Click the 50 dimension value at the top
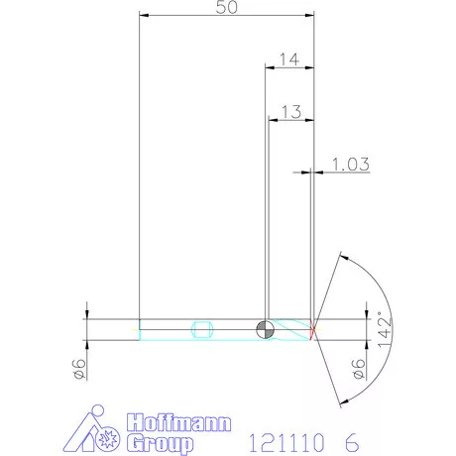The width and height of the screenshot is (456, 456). click(x=226, y=8)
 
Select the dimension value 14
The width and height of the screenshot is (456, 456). click(x=288, y=59)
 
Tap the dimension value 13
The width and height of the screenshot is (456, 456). click(x=288, y=112)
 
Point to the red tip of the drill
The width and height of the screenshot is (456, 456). click(x=312, y=329)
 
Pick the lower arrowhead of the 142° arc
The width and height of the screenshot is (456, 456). click(x=342, y=401)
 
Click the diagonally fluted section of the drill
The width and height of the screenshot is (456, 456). click(x=291, y=329)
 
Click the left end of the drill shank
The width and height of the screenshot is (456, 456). click(x=141, y=329)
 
